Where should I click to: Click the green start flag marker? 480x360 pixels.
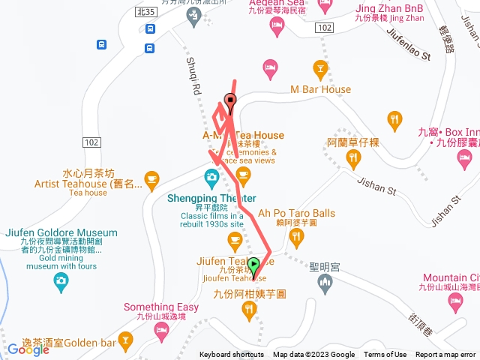(x=253, y=264)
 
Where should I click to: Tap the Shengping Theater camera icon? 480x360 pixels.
(x=211, y=178)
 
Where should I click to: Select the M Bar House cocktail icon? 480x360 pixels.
(x=320, y=69)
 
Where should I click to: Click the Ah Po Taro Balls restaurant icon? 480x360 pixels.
(x=297, y=238)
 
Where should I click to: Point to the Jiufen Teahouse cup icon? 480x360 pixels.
(x=234, y=240)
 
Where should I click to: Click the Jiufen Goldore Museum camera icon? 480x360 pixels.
(x=60, y=283)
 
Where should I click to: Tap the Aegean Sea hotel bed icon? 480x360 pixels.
(x=276, y=27)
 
